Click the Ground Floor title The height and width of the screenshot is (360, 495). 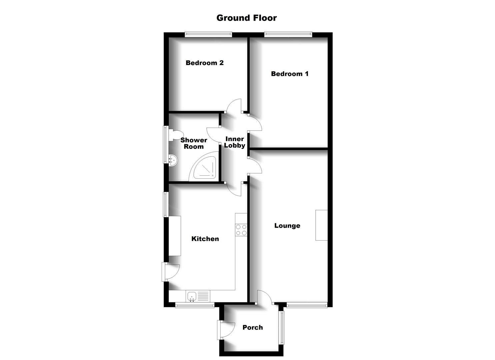246,18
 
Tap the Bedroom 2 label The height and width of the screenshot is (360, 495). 204,63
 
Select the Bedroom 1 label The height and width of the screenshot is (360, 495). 289,74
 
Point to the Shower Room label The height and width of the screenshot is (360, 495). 194,143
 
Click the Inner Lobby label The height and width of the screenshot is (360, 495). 235,142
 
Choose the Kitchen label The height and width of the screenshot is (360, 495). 205,239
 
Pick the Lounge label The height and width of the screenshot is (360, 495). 287,226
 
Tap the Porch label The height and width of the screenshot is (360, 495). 252,327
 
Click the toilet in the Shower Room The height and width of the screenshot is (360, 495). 174,135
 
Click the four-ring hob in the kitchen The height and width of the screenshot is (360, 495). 241,230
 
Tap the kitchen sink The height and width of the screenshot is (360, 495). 192,296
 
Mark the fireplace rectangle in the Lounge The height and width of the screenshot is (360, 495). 321,225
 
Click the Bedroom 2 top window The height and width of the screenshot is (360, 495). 208,34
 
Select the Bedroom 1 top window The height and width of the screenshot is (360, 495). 288,34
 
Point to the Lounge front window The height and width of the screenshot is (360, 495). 307,305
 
